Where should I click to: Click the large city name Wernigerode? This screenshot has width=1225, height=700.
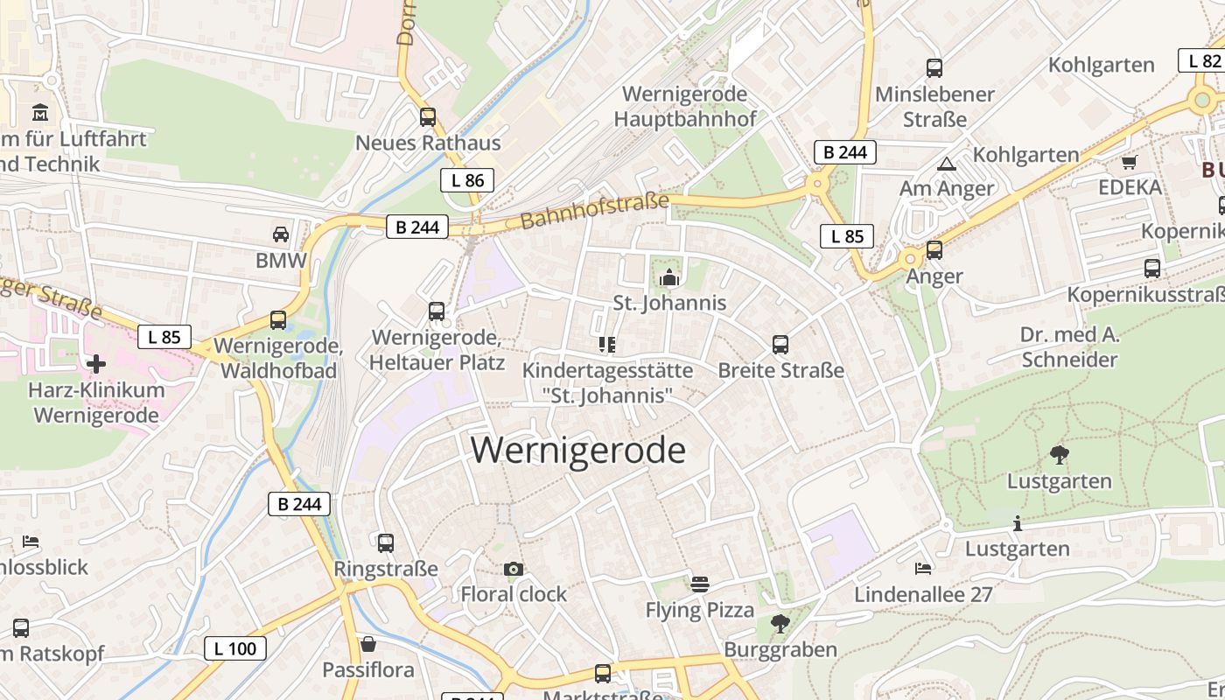(577, 450)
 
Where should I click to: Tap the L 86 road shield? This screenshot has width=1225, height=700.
(466, 180)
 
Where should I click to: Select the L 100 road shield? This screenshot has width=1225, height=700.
(234, 648)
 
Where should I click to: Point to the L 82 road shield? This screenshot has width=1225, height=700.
(1203, 60)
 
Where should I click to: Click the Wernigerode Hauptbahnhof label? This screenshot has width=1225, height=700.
(684, 106)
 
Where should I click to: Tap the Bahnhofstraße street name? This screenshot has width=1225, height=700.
(594, 212)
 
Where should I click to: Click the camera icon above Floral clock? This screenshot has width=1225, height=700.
(514, 570)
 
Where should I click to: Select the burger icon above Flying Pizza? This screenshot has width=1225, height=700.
(699, 584)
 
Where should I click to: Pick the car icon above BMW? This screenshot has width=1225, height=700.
(281, 234)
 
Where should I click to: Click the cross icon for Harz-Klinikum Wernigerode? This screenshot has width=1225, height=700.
(96, 363)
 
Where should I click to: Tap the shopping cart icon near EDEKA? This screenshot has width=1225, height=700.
(1130, 162)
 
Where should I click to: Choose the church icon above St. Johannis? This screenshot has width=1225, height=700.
(669, 278)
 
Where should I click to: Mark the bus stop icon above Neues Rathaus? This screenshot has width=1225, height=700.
(428, 116)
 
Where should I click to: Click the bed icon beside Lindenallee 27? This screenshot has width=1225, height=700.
(923, 569)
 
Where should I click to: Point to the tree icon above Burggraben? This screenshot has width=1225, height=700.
(780, 624)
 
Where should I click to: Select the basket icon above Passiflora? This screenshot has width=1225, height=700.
(368, 645)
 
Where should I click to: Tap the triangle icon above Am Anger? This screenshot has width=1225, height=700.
(947, 164)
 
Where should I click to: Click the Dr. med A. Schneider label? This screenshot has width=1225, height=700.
(1069, 347)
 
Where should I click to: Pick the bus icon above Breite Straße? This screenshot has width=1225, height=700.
(780, 345)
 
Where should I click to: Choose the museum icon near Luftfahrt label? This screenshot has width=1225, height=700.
(40, 113)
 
